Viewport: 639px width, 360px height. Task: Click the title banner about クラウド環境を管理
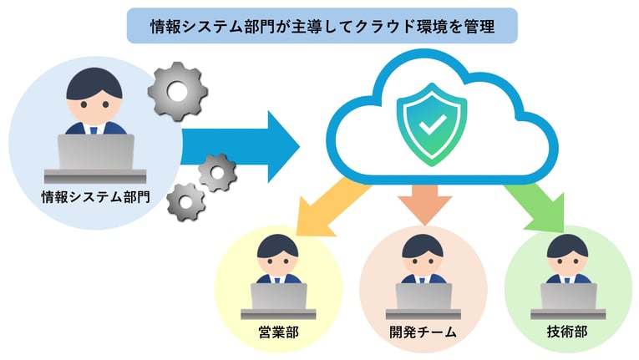322,26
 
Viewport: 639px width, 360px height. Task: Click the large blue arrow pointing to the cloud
242,140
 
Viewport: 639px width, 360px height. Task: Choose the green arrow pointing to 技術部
534,208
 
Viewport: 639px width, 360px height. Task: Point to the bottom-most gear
185,202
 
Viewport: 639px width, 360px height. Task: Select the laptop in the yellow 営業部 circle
279,297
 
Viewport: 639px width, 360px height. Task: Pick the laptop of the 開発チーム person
423,297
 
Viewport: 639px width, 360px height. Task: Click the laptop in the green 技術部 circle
568,297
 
